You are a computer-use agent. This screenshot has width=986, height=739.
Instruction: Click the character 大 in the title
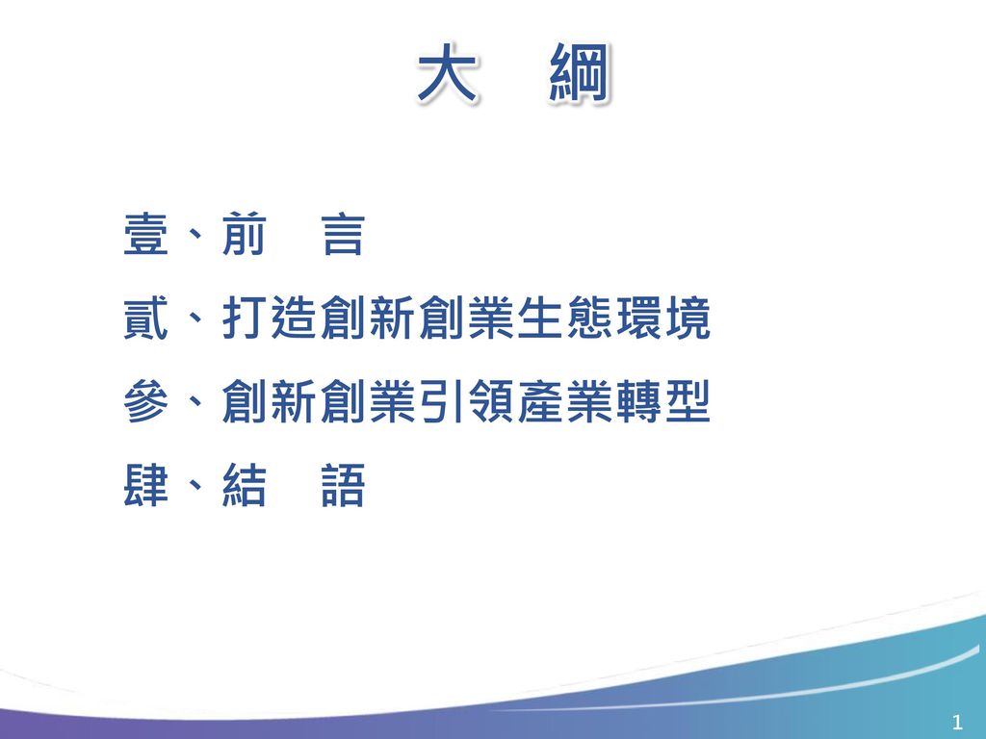[x=447, y=76]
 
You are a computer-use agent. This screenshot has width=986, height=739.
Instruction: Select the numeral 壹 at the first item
[x=145, y=237]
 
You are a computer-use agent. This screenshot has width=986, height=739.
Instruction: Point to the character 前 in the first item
[x=245, y=237]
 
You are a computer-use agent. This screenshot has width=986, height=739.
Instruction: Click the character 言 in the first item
[x=344, y=237]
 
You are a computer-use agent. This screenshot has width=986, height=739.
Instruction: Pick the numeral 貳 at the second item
[x=145, y=320]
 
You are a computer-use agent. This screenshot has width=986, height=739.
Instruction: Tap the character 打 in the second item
[x=245, y=320]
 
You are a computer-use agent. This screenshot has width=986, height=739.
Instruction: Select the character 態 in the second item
[x=588, y=320]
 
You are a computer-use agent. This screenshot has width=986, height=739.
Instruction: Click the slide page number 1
[x=956, y=722]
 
